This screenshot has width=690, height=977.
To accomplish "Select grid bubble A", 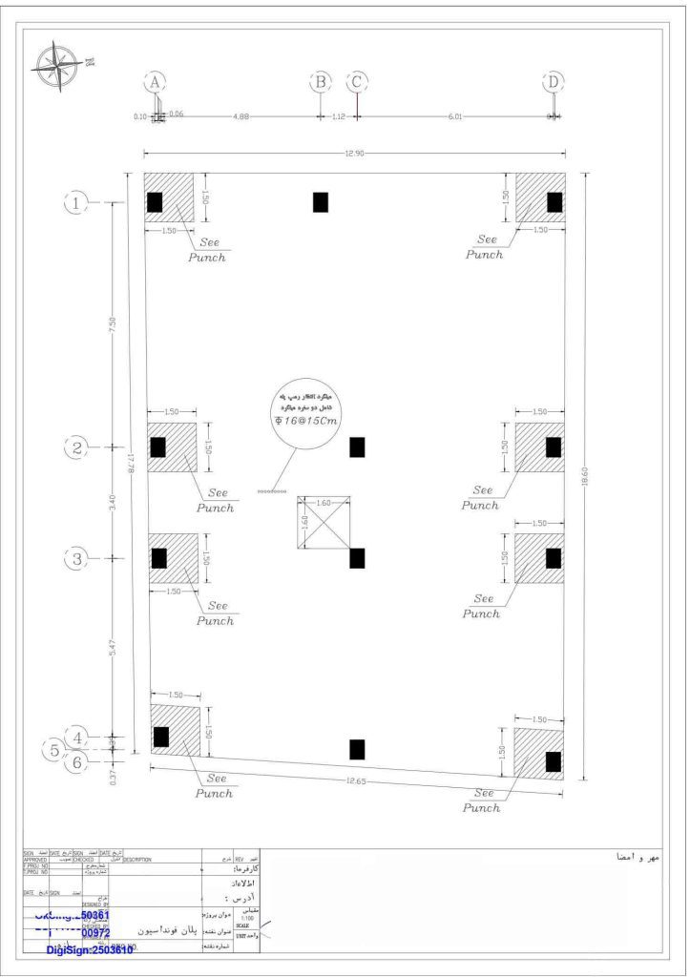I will click(156, 82).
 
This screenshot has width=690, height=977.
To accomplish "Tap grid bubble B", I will click(322, 82).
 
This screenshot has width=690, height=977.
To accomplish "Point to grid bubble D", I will click(554, 82).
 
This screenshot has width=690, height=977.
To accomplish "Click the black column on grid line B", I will click(321, 202).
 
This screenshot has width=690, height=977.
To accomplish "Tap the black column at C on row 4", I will click(357, 750).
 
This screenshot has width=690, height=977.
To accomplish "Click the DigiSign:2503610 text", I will click(90, 949).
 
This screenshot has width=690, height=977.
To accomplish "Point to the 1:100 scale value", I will click(248, 918).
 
